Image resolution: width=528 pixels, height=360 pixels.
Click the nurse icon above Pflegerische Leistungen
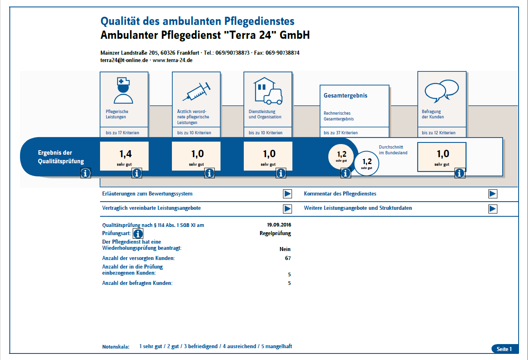click(x=123, y=91)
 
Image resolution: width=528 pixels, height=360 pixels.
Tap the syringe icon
click(x=196, y=92)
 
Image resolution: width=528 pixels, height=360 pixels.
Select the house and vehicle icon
click(x=268, y=91)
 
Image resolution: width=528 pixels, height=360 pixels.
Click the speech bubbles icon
click(x=442, y=91)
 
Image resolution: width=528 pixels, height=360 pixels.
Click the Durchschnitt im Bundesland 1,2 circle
click(x=367, y=163)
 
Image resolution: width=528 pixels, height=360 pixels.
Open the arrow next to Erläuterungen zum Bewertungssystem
click(x=287, y=194)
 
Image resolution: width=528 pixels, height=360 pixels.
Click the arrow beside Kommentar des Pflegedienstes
click(x=492, y=194)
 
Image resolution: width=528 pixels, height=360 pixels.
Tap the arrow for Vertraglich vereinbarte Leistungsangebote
click(x=287, y=209)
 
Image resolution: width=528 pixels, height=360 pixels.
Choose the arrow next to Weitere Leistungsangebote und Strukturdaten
click(x=492, y=209)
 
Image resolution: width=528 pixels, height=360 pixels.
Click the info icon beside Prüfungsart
click(x=138, y=234)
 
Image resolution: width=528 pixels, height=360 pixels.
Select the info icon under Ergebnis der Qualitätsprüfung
click(x=86, y=173)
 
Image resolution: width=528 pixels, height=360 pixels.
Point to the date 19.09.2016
click(x=279, y=225)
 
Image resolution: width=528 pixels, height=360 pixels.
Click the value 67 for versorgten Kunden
click(x=288, y=258)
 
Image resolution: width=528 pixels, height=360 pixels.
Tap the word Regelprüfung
click(x=275, y=233)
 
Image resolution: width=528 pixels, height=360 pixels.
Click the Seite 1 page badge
click(x=505, y=349)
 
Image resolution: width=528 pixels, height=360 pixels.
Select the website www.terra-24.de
click(x=172, y=60)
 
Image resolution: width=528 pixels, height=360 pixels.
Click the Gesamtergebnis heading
click(x=345, y=96)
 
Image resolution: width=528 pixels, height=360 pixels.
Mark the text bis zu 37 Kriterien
click(x=341, y=133)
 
